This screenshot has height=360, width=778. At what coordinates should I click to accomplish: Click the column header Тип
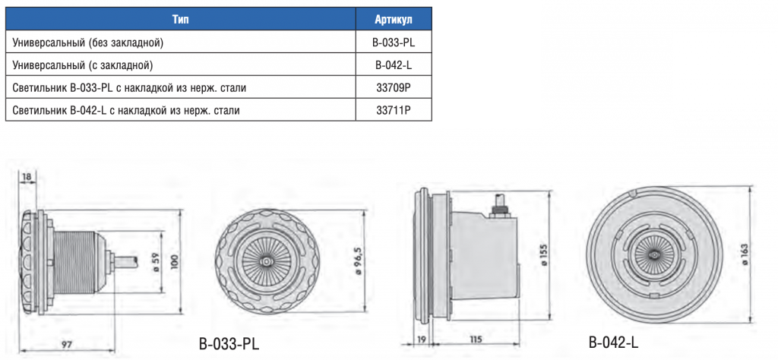click(x=181, y=20)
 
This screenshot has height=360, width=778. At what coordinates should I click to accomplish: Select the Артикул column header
click(x=394, y=20)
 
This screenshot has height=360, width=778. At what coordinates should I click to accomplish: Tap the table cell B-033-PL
click(x=394, y=43)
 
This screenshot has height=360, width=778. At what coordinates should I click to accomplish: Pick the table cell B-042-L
click(x=394, y=65)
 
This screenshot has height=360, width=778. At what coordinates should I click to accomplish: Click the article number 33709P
click(x=394, y=88)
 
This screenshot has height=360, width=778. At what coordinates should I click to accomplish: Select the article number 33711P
click(x=394, y=110)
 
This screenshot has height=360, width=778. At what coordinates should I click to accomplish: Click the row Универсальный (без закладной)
click(x=88, y=43)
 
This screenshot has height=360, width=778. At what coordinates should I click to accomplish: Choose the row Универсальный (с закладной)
click(x=82, y=65)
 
